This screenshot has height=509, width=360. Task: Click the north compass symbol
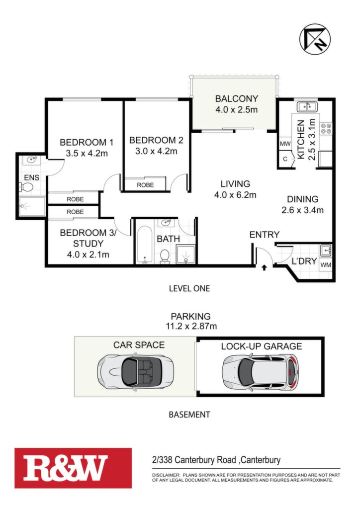point(315,39)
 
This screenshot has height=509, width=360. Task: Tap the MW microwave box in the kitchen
point(285,144)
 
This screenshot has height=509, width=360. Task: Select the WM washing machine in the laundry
point(326,265)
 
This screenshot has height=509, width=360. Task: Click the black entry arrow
point(264,267)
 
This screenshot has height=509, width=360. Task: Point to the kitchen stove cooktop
point(326,129)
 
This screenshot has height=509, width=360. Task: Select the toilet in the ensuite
point(27,187)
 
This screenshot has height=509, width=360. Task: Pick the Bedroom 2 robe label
point(145,185)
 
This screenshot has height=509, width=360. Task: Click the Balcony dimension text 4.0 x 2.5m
point(236,109)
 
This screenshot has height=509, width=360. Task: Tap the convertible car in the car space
point(135,370)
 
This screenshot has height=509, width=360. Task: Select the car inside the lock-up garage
point(261,371)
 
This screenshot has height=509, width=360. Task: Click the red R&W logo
point(73,468)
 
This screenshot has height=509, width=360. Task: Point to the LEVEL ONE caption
point(189,288)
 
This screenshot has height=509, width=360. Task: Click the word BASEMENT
point(189,415)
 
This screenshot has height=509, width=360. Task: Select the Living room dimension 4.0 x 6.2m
point(235,195)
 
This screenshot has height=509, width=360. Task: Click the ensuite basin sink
point(31,160)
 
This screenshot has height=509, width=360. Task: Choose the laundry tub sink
point(326,251)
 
